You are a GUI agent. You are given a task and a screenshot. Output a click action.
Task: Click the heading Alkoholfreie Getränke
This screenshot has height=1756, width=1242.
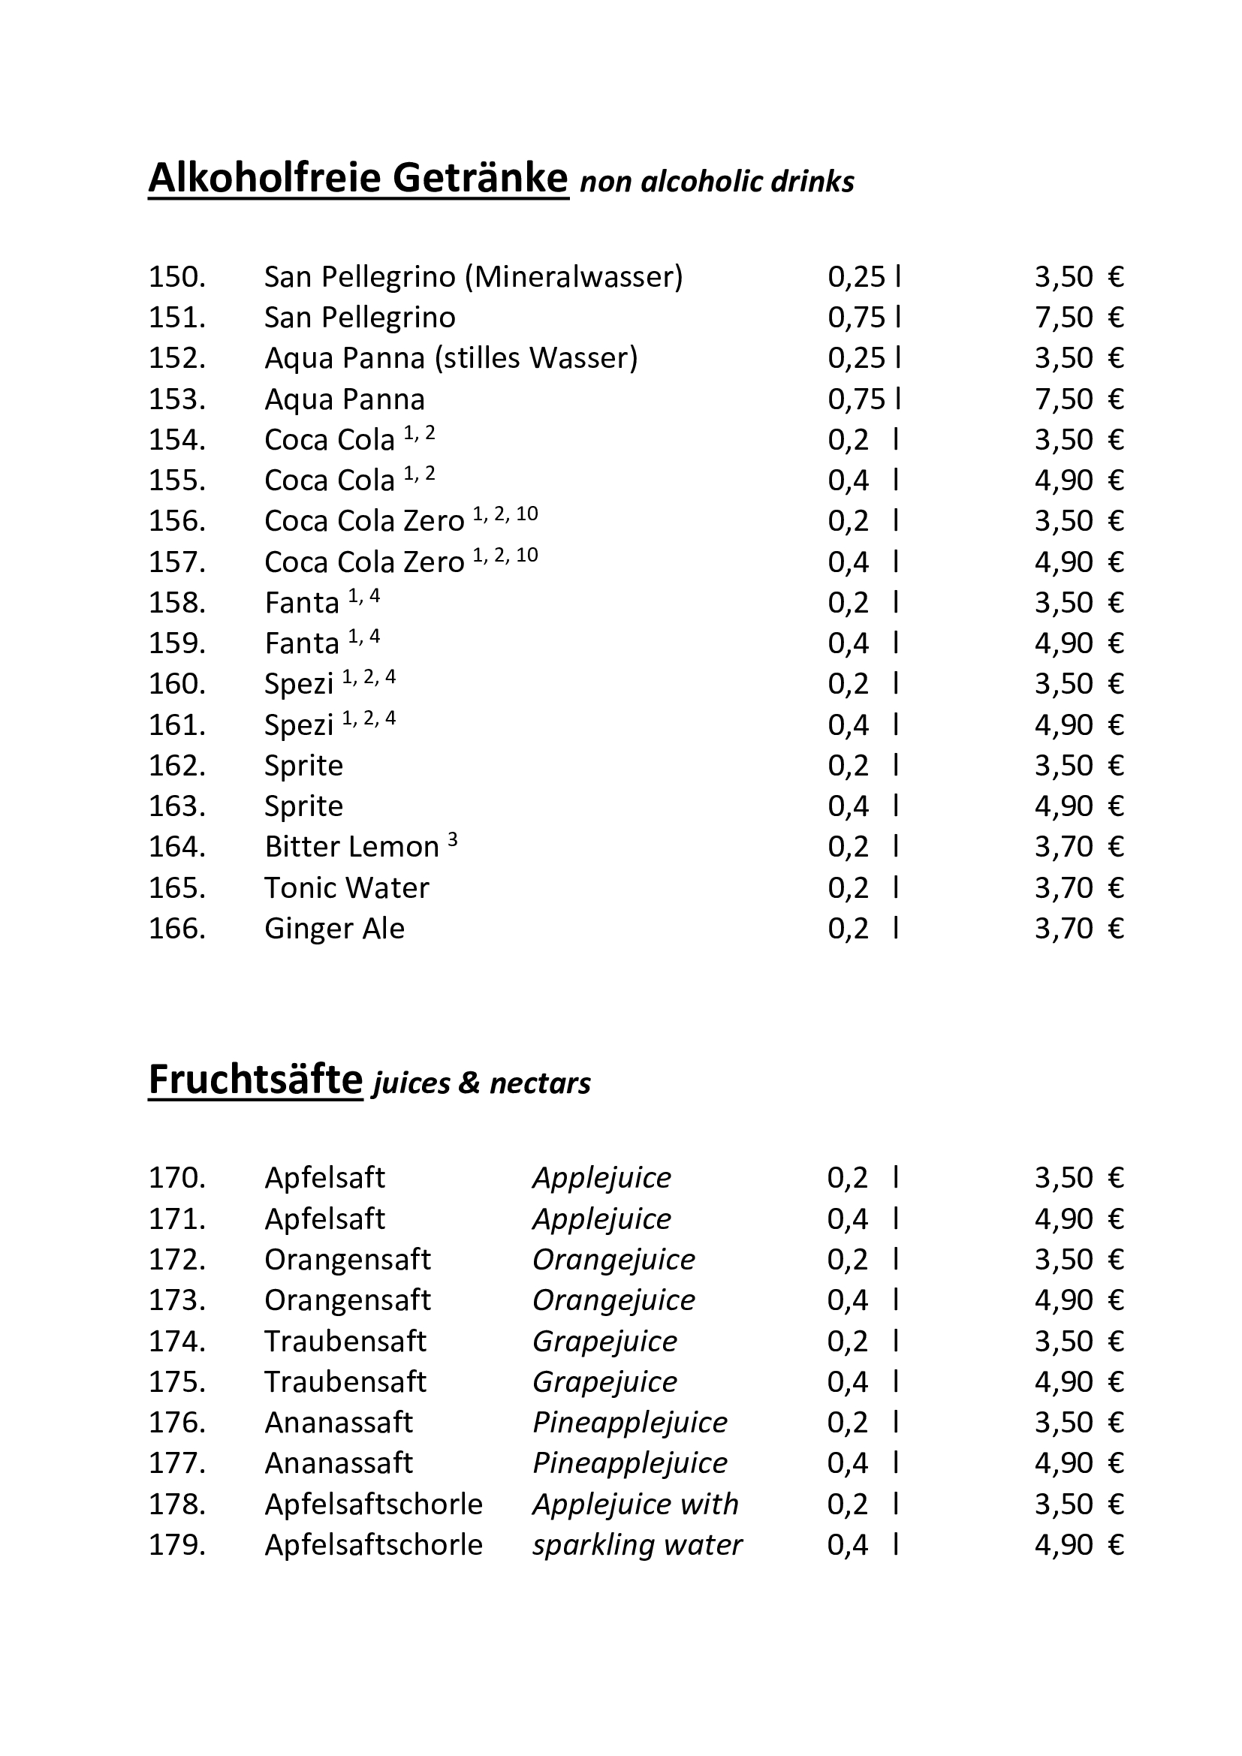point(358,178)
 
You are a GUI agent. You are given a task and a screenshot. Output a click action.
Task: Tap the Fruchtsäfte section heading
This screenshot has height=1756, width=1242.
point(255,1079)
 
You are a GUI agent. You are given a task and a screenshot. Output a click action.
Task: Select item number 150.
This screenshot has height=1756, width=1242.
point(176,277)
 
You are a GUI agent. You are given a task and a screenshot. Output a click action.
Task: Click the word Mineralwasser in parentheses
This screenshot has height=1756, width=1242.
point(574,277)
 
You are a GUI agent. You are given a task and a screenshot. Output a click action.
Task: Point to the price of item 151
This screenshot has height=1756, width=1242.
point(1078,318)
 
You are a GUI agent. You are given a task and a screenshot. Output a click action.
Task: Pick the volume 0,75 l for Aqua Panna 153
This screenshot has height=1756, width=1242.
point(864,399)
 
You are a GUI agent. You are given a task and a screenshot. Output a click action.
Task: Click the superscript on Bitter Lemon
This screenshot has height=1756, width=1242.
point(453,840)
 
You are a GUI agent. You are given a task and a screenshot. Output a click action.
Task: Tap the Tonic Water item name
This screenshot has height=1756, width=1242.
point(346,888)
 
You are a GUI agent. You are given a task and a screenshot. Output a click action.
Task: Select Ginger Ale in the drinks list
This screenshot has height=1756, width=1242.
point(334,929)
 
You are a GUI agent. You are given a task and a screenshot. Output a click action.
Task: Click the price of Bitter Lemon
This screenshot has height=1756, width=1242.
point(1078,848)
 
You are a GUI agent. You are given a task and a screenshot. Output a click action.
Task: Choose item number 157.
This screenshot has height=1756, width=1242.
point(176,563)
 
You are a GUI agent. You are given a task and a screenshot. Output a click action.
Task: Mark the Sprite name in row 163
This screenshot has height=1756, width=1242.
point(303,806)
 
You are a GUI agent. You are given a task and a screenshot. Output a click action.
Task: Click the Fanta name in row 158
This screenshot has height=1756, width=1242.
point(301,604)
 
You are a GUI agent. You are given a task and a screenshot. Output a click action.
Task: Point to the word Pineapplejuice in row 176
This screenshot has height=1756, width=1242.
point(629,1423)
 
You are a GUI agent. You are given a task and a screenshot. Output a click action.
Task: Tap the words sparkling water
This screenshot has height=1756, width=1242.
point(637,1545)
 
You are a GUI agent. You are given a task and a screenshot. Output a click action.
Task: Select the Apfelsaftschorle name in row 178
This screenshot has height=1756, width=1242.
point(373,1504)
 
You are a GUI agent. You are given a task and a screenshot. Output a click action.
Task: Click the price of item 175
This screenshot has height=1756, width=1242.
point(1078,1382)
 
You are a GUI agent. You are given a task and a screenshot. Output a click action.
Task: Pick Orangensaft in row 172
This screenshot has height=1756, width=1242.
point(347,1260)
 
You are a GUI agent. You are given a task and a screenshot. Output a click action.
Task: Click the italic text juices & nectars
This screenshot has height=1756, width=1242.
point(481,1084)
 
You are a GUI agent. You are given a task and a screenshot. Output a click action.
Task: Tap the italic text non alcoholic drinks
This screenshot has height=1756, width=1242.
point(716,182)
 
